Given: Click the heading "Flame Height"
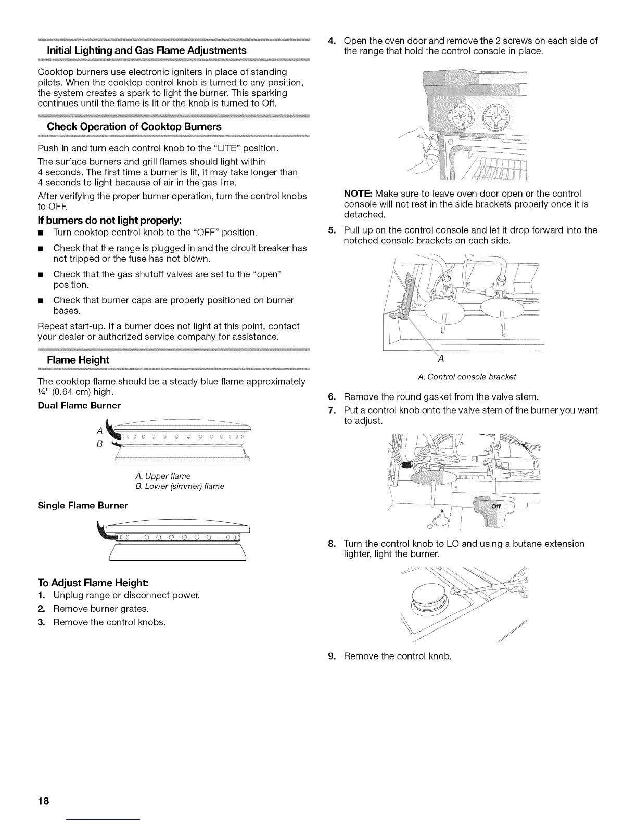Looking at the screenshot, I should (78, 360).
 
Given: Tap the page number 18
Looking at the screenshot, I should (43, 801).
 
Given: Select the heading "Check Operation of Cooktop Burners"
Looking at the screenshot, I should (134, 127).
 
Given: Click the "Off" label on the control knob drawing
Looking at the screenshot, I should (496, 506).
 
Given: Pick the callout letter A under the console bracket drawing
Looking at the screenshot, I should (440, 358).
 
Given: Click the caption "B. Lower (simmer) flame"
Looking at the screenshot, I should (179, 486).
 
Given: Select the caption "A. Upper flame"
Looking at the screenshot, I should (162, 476).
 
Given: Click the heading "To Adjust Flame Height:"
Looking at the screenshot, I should (93, 582).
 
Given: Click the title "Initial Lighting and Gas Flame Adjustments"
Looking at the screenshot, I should (147, 50).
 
